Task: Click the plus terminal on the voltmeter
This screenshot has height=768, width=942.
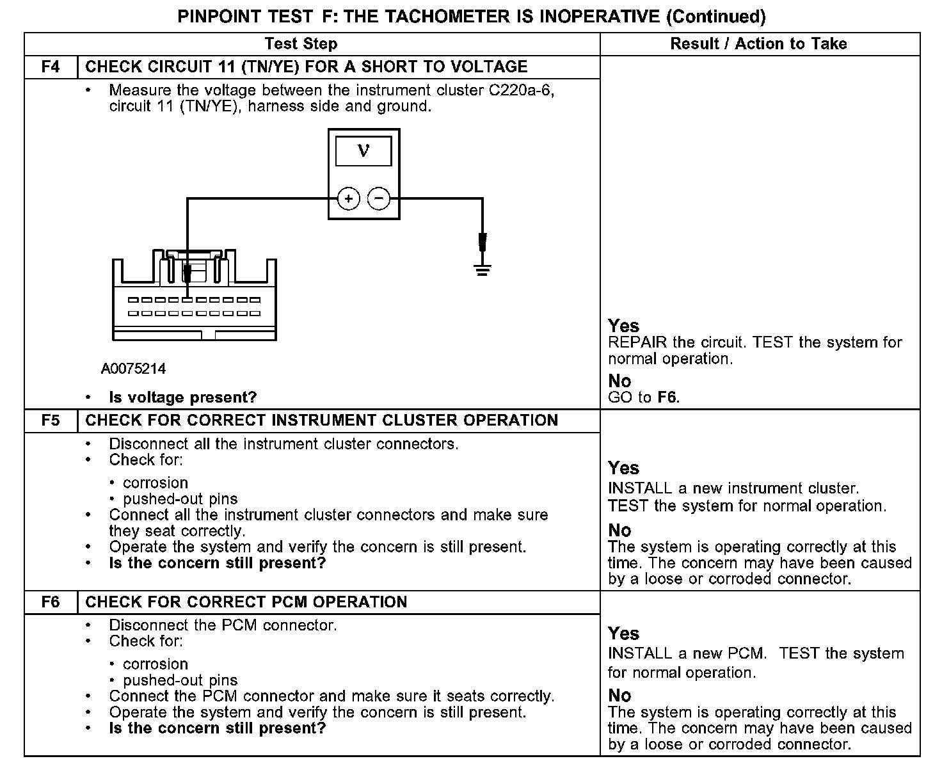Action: (348, 199)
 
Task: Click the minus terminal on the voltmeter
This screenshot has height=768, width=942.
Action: (379, 199)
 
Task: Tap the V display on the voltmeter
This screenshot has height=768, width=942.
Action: (363, 151)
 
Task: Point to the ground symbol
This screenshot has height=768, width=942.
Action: (483, 269)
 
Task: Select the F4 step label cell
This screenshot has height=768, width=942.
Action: (51, 67)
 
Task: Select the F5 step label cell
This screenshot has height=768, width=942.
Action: (51, 420)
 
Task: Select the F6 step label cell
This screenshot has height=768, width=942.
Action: (51, 602)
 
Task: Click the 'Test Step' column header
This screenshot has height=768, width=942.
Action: (301, 44)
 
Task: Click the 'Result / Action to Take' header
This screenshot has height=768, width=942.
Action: (758, 44)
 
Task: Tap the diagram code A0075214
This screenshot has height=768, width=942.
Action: (133, 369)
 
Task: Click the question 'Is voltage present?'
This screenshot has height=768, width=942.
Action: (182, 397)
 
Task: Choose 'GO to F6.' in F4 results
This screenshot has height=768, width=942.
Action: (643, 397)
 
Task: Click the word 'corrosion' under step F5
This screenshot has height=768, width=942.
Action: (156, 483)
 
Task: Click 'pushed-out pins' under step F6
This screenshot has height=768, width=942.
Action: (180, 680)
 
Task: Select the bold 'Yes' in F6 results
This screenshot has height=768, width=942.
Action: (623, 634)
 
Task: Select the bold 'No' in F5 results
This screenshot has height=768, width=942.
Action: (619, 531)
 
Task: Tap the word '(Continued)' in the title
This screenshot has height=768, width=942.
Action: (715, 16)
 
